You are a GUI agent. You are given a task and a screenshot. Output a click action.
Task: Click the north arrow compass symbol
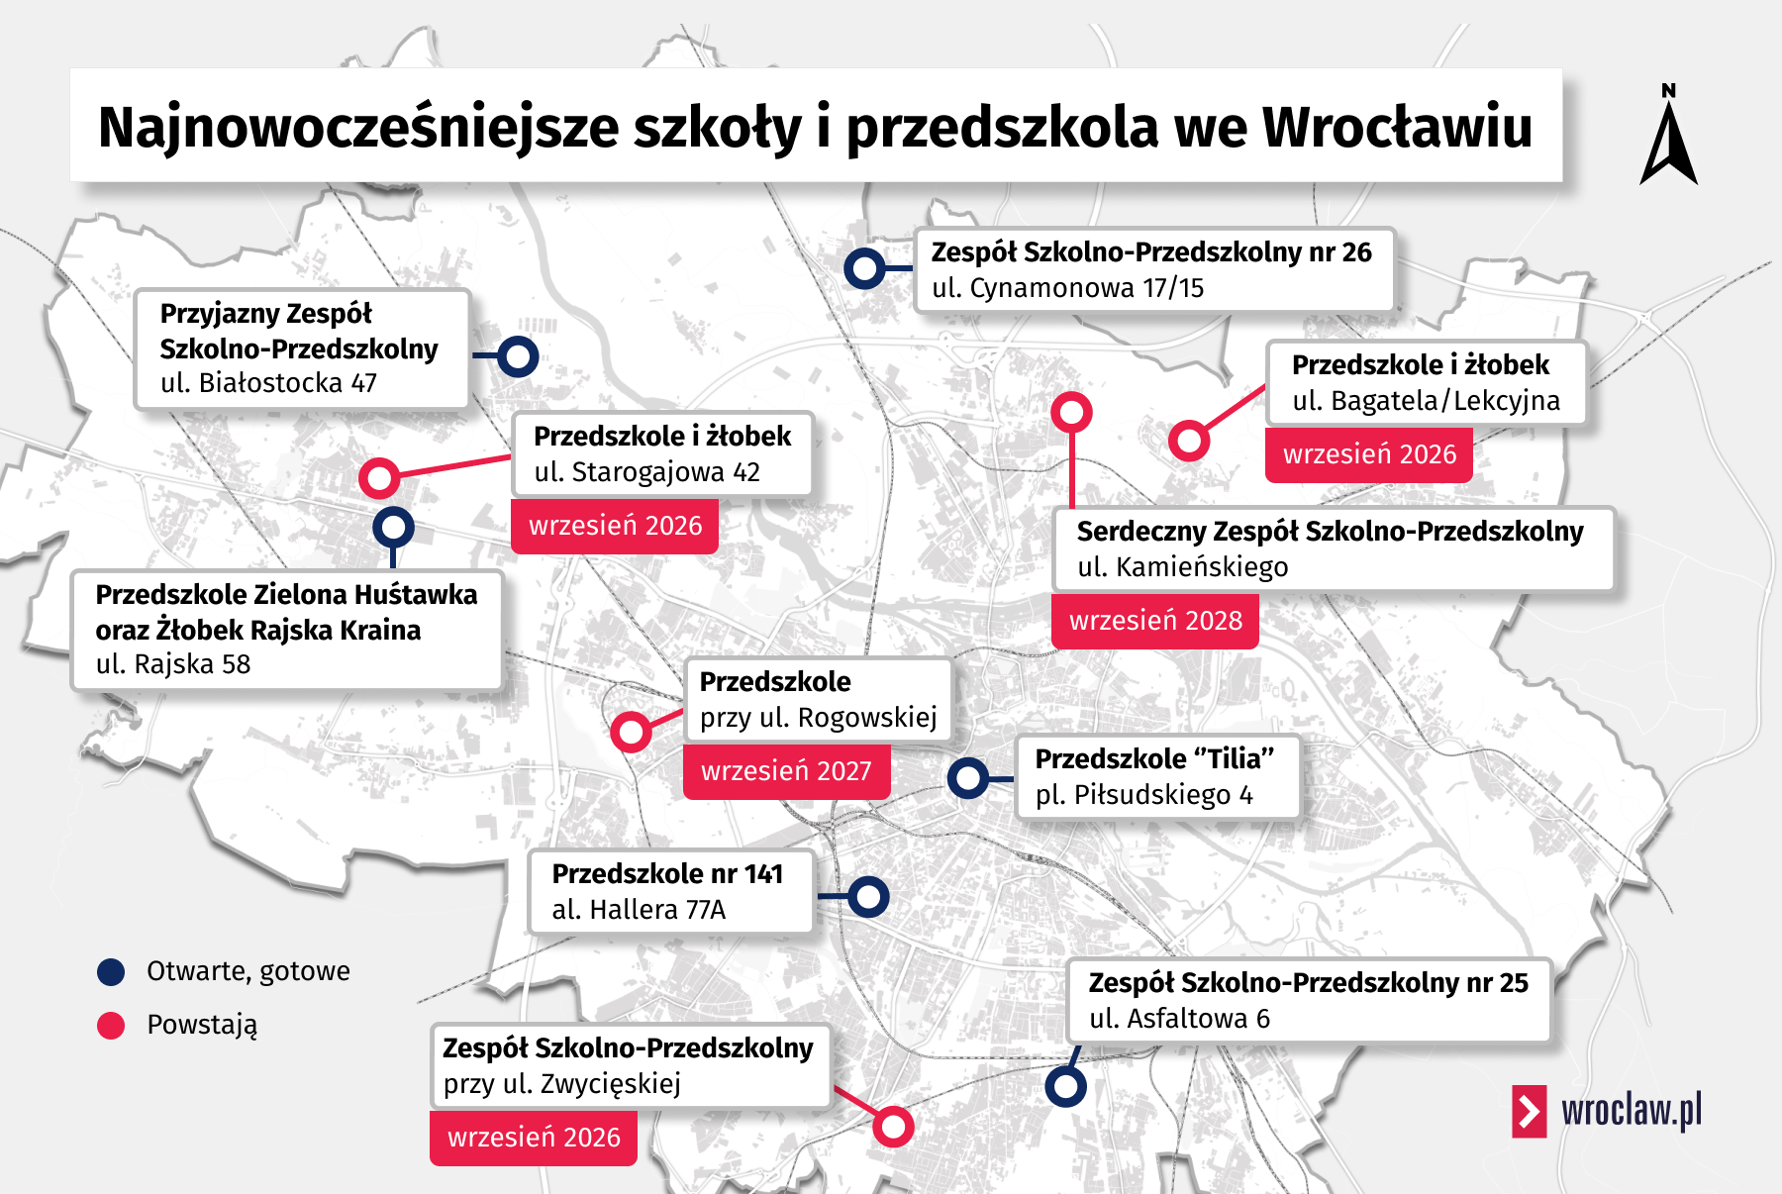click(1669, 139)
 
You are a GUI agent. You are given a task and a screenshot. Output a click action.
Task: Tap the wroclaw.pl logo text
click(1631, 1110)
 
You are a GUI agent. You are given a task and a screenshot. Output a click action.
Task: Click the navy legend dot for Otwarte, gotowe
click(111, 972)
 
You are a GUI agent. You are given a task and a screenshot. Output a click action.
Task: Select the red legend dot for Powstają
click(111, 1026)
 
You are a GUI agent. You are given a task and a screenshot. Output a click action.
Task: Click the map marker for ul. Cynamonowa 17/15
click(864, 268)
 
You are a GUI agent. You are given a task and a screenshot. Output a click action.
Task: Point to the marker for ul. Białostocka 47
click(518, 356)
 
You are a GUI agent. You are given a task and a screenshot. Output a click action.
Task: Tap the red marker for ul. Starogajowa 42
click(379, 478)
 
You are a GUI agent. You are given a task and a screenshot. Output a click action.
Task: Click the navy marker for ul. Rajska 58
click(393, 528)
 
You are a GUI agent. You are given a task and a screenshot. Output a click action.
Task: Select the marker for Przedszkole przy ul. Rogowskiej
click(631, 733)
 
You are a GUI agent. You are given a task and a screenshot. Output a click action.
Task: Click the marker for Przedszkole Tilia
click(967, 778)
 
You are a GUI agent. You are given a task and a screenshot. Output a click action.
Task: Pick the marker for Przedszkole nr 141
click(868, 897)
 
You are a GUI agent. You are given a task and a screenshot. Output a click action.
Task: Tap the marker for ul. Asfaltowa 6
click(1065, 1087)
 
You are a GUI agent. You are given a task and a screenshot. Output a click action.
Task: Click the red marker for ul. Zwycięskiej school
click(893, 1127)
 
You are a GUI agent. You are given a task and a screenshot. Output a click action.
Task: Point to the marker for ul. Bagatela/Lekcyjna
click(1189, 441)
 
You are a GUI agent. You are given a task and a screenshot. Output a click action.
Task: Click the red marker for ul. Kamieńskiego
click(1071, 412)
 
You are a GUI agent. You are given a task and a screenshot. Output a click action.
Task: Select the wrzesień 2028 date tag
click(1154, 621)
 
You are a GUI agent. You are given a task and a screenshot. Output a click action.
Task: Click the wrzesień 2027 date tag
click(786, 771)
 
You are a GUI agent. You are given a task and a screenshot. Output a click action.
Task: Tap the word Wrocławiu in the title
click(1397, 128)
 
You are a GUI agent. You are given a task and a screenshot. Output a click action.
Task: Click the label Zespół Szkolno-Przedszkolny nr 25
click(1308, 983)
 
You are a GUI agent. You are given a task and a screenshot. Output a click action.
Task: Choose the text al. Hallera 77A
click(639, 910)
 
